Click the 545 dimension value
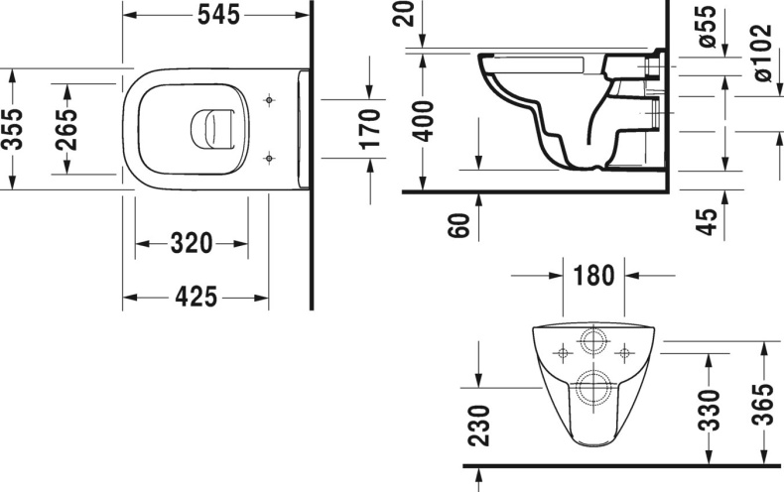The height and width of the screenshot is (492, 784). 216,17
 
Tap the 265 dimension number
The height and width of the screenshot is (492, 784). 66,128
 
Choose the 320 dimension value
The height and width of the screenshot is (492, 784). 192,243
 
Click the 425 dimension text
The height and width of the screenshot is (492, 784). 196,296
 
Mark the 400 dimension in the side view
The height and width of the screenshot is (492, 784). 425,120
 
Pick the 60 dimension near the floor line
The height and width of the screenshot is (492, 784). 457,225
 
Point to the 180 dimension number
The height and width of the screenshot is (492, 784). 593,275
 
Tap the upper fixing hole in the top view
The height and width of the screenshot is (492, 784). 269,100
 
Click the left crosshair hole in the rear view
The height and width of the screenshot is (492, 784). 563,352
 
